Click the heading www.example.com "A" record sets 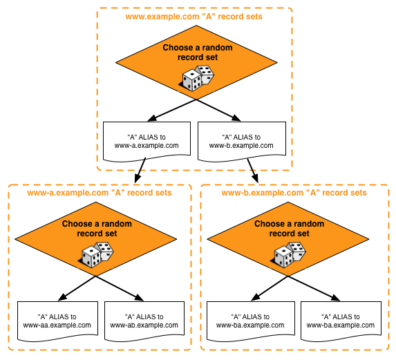(x=194, y=17)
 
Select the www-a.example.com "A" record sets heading (x=100, y=193)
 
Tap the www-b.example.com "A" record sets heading (x=294, y=193)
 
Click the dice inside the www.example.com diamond (x=198, y=78)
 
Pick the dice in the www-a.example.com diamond (x=97, y=255)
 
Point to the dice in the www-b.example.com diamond (x=290, y=255)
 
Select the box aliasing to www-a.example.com (x=147, y=142)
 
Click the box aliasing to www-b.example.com (x=242, y=142)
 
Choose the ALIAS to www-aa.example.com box (x=57, y=321)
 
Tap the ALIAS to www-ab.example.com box (x=144, y=321)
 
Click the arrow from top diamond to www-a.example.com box (x=171, y=111)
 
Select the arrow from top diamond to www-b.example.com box (x=218, y=111)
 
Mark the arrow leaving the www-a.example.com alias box (x=140, y=171)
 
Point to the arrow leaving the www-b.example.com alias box (x=252, y=171)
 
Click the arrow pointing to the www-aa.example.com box (x=77, y=288)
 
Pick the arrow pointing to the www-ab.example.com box (x=120, y=288)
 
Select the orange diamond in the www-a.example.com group (x=95, y=239)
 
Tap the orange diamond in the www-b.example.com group (x=288, y=239)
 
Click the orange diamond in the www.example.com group (x=196, y=62)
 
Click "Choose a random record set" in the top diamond (x=198, y=53)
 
